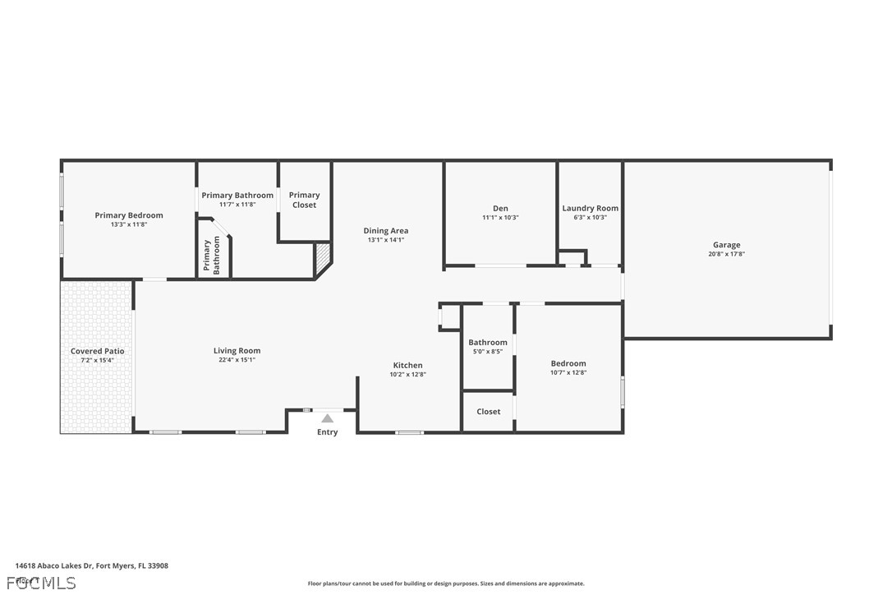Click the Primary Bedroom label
coord(129,215)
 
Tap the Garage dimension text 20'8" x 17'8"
coord(726,255)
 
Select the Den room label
coord(500,209)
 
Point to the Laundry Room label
coord(590,209)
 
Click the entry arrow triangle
coord(327,418)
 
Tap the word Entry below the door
coord(327,432)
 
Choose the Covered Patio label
coord(97,351)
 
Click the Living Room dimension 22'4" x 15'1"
coord(237,360)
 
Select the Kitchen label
coord(407,365)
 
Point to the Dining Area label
coord(385,231)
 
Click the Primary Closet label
coord(304,200)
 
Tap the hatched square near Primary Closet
coord(323,259)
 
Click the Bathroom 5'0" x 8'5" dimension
coord(488,351)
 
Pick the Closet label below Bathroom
coord(488,412)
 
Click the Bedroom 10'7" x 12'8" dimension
coord(568,372)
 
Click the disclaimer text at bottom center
coord(446,583)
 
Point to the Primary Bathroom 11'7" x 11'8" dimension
coord(237,205)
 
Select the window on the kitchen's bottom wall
coord(409,432)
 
